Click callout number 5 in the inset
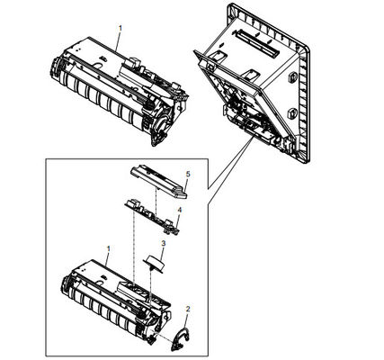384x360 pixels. (188, 174)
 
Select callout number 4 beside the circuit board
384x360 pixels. (180, 210)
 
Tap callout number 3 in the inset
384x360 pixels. (164, 243)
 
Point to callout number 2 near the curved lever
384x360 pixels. (188, 309)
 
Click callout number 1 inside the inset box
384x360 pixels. (109, 248)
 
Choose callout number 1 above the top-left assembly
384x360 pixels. (121, 28)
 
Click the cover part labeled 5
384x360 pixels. (158, 182)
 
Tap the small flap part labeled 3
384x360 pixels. (155, 264)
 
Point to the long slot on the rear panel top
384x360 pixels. (257, 43)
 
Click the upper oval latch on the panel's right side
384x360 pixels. (291, 78)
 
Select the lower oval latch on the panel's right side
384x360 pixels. (291, 113)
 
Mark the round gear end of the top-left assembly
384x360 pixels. (164, 123)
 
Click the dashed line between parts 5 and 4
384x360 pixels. (156, 201)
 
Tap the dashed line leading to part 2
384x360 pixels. (164, 337)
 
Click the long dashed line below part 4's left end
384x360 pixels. (134, 246)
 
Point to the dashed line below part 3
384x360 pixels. (149, 284)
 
